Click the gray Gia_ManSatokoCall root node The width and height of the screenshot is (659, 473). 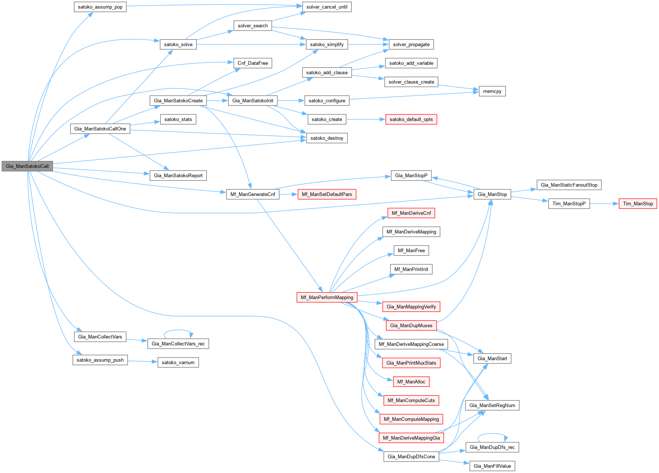[x=27, y=166]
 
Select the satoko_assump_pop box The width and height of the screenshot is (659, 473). [x=100, y=7]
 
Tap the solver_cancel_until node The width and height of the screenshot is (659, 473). [x=327, y=7]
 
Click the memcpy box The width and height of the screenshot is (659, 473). [x=492, y=91]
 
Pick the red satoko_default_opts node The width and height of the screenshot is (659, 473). [x=411, y=119]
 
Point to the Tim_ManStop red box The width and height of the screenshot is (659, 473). [x=638, y=204]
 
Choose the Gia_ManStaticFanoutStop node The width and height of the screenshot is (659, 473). [x=569, y=185]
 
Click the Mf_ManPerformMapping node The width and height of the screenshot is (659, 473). [x=327, y=297]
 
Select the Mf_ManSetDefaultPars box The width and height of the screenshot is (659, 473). [x=327, y=195]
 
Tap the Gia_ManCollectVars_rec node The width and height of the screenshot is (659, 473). [x=178, y=344]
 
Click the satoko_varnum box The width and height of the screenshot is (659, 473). [x=178, y=362]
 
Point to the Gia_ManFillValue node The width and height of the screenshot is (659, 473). [x=492, y=466]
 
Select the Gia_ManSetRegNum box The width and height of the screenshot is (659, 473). [x=492, y=405]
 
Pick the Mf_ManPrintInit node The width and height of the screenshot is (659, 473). [x=411, y=269]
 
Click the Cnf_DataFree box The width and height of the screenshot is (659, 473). [x=253, y=63]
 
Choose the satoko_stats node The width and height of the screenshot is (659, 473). [x=178, y=119]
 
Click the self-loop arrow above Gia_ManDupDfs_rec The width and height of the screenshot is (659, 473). [x=492, y=434]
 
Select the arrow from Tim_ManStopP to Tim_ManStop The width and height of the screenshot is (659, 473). [x=604, y=204]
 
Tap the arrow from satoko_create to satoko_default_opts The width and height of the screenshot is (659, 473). [x=366, y=119]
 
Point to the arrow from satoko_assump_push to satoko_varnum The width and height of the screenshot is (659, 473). [x=143, y=361]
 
